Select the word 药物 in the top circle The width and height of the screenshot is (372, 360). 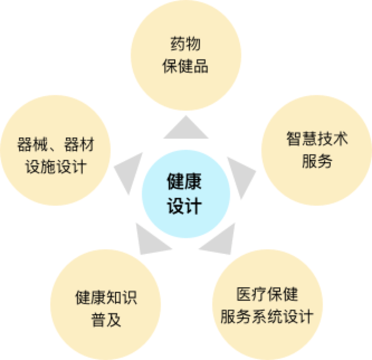pos(185,45)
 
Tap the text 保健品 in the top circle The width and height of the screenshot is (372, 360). pos(185,67)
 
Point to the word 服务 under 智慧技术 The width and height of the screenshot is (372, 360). pos(317,162)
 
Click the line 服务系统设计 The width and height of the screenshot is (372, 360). pos(267,316)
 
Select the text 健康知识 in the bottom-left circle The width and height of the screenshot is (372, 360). pos(106,298)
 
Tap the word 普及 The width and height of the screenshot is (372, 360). pos(106,320)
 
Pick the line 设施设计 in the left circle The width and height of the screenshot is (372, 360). pos(56,167)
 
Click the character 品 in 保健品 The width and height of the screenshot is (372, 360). pos(201,67)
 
